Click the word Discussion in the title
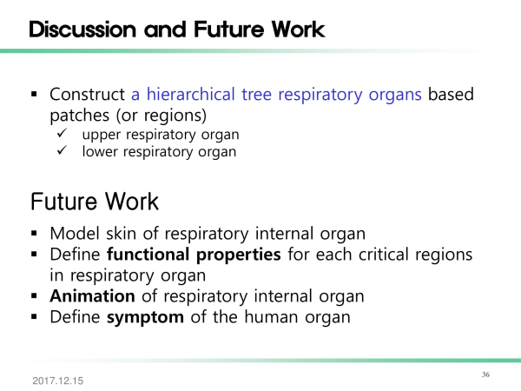point(82,30)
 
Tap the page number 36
point(485,374)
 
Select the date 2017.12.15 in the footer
point(58,381)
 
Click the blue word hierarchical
point(191,94)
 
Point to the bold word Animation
point(92,296)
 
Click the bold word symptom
point(145,317)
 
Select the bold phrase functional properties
point(194,255)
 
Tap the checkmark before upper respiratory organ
point(63,133)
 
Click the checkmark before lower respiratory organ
point(63,150)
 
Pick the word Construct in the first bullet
point(87,94)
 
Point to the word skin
point(121,233)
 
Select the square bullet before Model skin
point(34,234)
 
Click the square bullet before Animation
point(34,296)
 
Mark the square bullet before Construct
point(34,95)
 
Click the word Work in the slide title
point(298,30)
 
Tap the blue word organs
point(395,95)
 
